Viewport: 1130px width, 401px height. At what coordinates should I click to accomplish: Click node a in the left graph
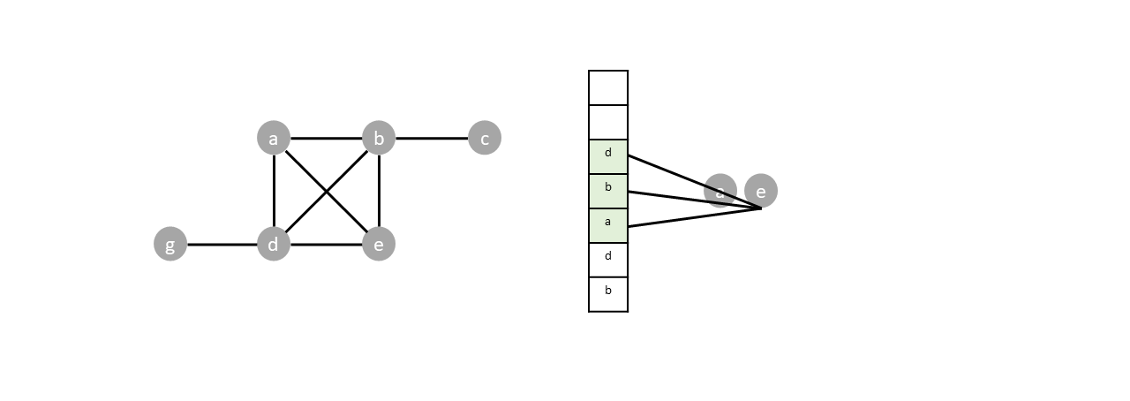pyautogui.click(x=274, y=138)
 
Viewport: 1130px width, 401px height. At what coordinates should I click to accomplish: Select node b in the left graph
pyautogui.click(x=379, y=138)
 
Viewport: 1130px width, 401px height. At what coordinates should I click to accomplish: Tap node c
pyautogui.click(x=484, y=138)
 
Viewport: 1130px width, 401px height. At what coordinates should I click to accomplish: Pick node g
pyautogui.click(x=170, y=244)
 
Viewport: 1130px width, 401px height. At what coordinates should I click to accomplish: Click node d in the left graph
pyautogui.click(x=274, y=244)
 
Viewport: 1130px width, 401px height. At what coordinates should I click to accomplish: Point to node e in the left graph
pyautogui.click(x=379, y=244)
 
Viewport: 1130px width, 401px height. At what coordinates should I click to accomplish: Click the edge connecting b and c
pyautogui.click(x=432, y=139)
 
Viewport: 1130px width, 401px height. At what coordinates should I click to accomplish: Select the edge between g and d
pyautogui.click(x=222, y=245)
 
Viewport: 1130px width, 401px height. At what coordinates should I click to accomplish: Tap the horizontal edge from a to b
pyautogui.click(x=326, y=139)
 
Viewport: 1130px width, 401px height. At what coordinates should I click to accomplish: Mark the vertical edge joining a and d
pyautogui.click(x=275, y=191)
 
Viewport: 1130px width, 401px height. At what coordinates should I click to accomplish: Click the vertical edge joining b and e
pyautogui.click(x=379, y=191)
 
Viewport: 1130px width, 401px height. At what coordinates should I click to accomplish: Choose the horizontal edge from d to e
pyautogui.click(x=326, y=245)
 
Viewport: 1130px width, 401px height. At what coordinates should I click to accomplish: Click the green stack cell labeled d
pyautogui.click(x=608, y=156)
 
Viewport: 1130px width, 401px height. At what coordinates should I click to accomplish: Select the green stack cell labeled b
pyautogui.click(x=608, y=191)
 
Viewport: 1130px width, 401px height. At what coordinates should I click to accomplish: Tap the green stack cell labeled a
pyautogui.click(x=608, y=225)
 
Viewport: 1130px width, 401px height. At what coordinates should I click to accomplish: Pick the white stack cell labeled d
pyautogui.click(x=608, y=260)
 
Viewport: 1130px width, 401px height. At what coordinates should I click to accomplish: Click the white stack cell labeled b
pyautogui.click(x=608, y=294)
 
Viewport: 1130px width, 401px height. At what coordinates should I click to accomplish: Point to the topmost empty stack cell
pyautogui.click(x=608, y=87)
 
